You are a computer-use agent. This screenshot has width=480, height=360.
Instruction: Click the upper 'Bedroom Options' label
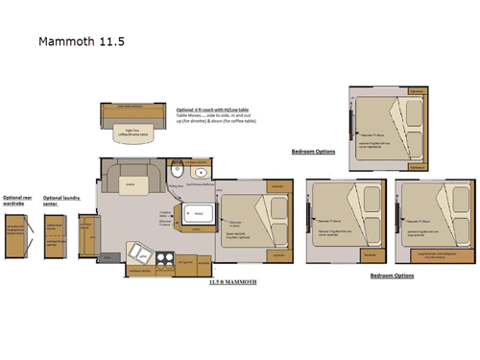[x=313, y=152]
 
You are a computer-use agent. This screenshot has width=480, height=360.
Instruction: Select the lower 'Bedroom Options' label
[x=392, y=276]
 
